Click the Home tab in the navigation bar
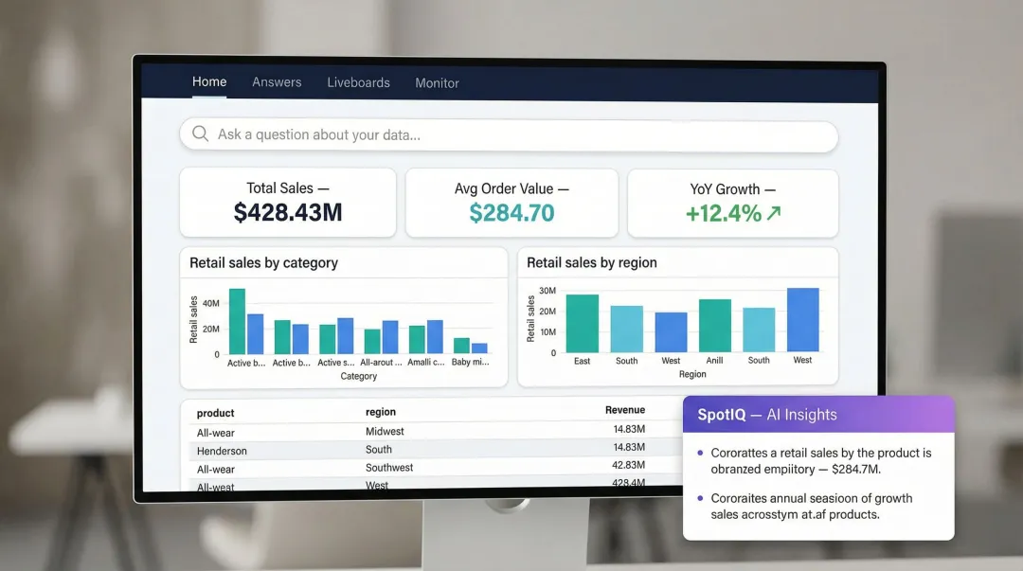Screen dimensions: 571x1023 [x=209, y=81]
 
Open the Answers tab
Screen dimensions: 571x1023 [x=277, y=82]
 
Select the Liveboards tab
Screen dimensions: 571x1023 [x=358, y=82]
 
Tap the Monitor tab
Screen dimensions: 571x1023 [x=437, y=83]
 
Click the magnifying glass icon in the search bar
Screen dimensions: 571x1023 [x=201, y=134]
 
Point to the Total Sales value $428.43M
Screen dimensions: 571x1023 [x=288, y=213]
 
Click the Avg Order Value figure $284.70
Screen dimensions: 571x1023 [x=511, y=213]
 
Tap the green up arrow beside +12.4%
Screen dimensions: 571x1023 [x=774, y=213]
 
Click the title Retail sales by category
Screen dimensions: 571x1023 [x=263, y=263]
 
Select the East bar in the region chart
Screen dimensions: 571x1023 [x=582, y=324]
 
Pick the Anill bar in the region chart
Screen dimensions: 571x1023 [x=715, y=326]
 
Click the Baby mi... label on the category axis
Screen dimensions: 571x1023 [x=470, y=363]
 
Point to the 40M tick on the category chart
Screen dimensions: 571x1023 [x=210, y=303]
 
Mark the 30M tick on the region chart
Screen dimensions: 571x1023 [x=547, y=291]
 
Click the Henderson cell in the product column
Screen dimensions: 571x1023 [x=222, y=451]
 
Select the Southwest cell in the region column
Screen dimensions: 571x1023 [x=389, y=468]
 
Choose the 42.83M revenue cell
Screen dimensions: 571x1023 [x=629, y=465]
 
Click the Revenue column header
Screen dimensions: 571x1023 [x=625, y=410]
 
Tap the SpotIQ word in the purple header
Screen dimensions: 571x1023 [x=721, y=415]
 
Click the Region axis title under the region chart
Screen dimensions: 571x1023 [x=692, y=374]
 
